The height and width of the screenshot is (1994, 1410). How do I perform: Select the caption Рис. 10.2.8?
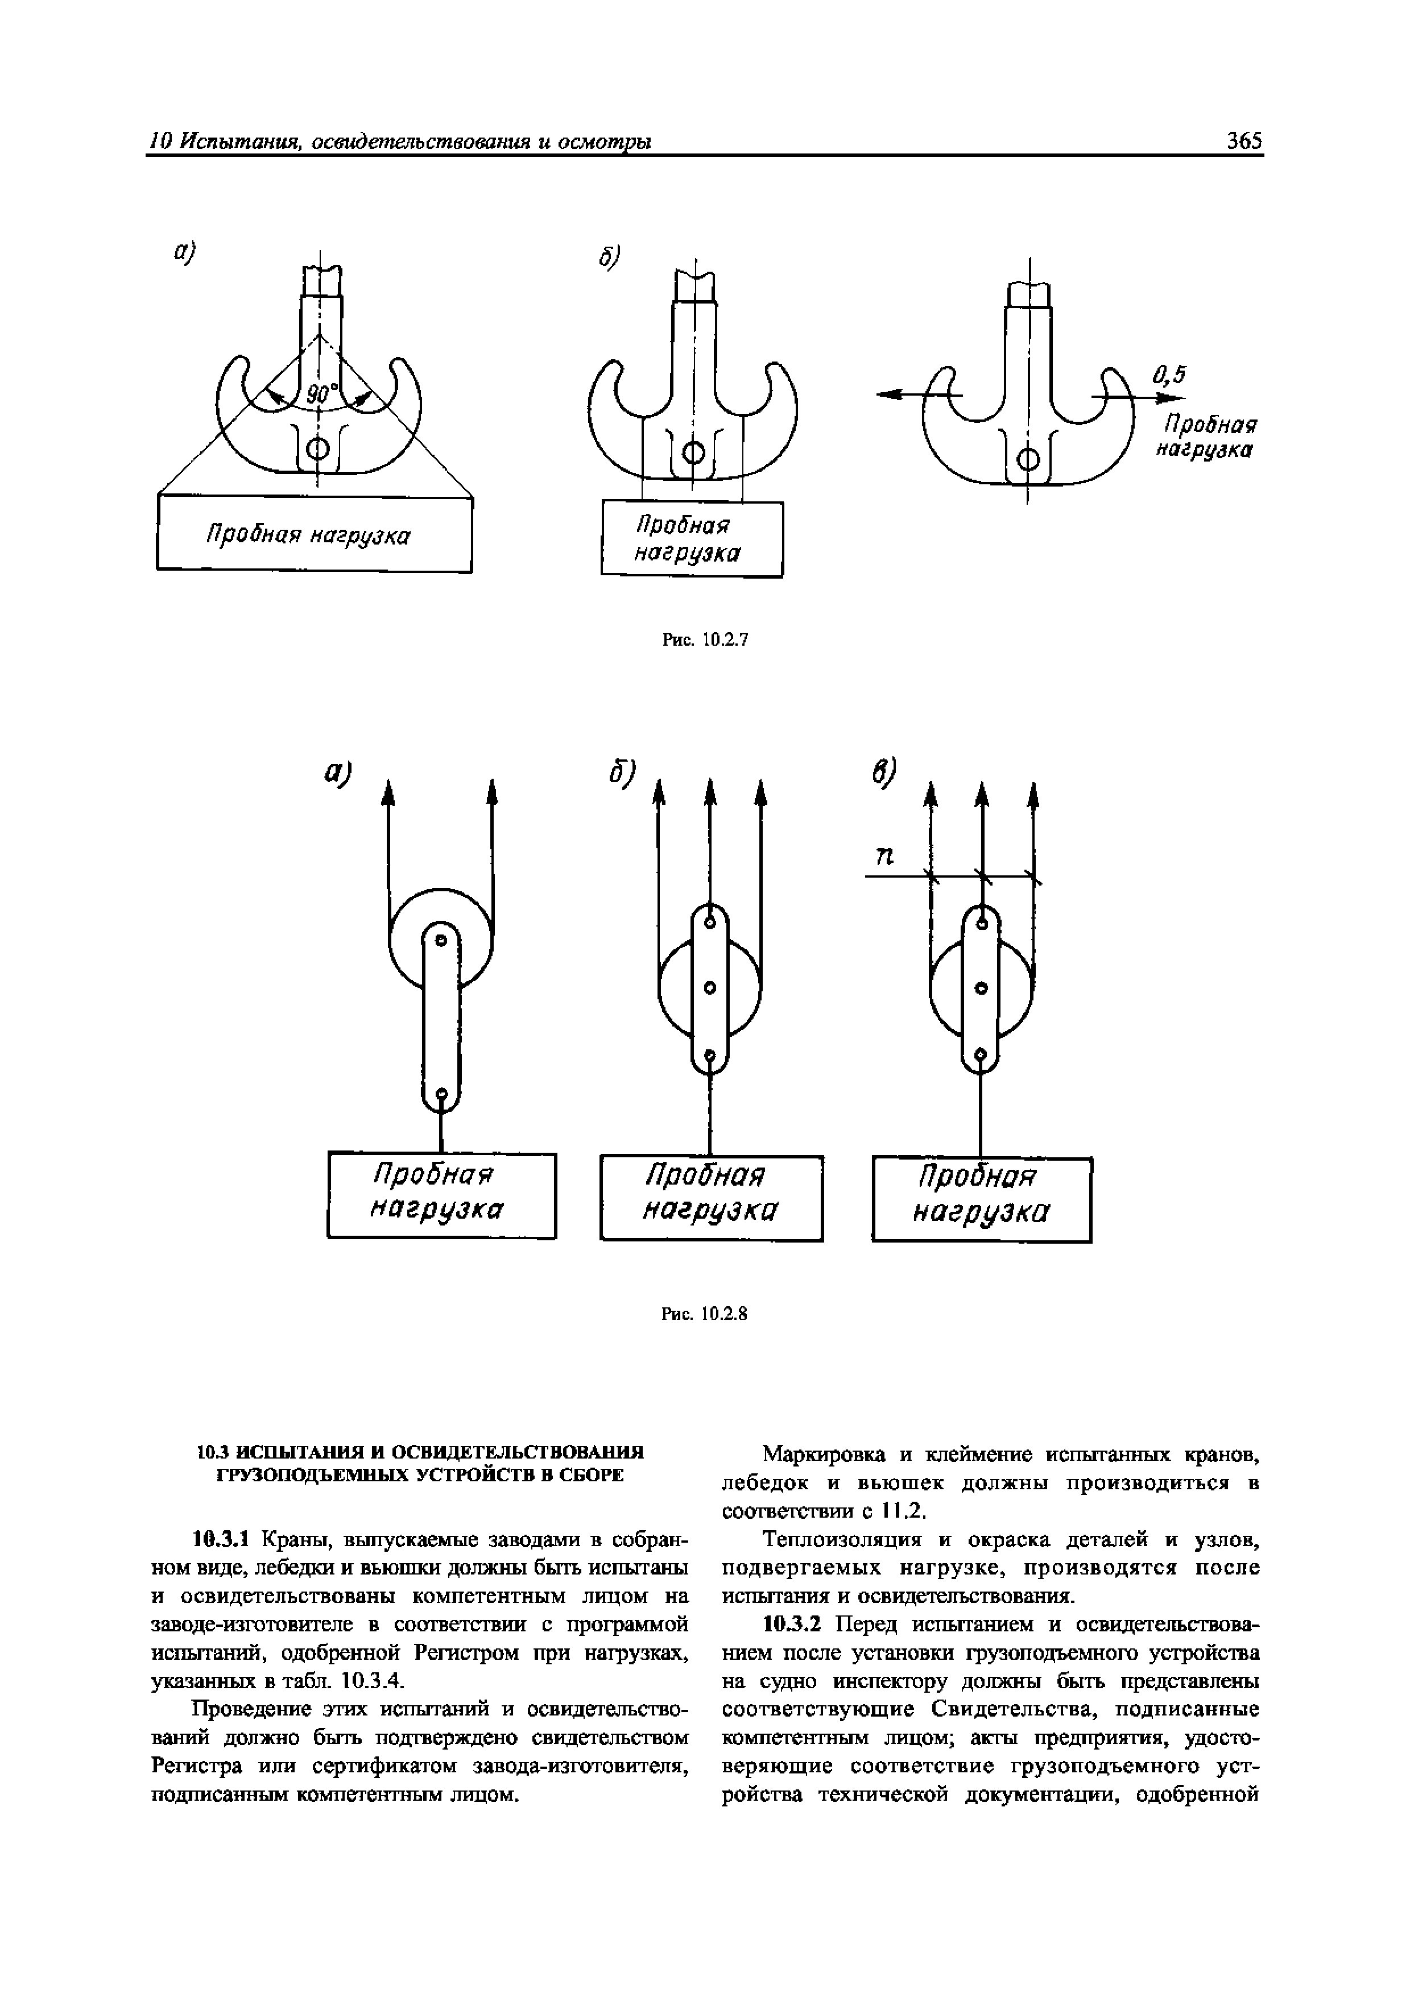point(705,1315)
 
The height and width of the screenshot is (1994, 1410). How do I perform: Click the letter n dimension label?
point(884,857)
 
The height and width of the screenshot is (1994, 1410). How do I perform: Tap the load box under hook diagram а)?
point(313,533)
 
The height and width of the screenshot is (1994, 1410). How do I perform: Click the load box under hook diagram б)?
point(692,538)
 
